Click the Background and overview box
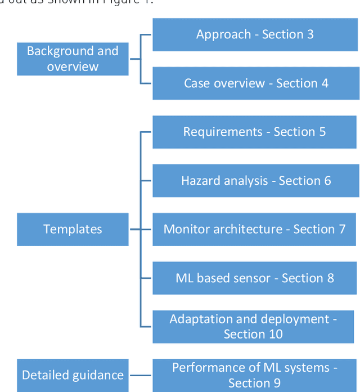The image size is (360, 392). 73,59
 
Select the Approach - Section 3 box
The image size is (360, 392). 255,34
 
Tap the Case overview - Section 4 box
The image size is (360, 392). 255,83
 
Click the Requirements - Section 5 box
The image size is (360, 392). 255,132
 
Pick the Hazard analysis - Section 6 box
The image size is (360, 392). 255,181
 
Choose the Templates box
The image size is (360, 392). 73,229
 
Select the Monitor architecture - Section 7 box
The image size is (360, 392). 255,229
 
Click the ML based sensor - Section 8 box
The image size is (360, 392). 255,278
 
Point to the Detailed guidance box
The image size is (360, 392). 73,375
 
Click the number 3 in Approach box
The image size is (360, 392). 310,34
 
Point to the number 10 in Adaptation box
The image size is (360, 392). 276,334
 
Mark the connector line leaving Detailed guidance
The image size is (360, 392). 141,375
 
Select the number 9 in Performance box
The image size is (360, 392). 276,383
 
